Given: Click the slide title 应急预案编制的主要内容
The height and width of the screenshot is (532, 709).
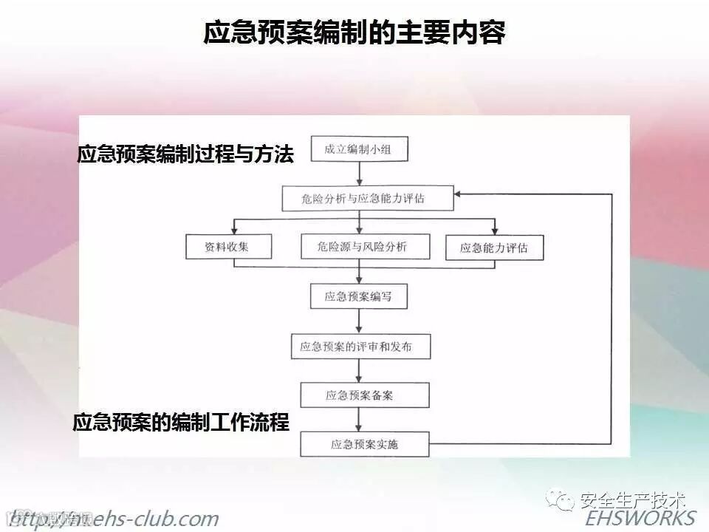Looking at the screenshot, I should pos(354,33).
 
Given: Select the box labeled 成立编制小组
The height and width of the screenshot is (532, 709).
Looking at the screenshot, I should pos(358,150).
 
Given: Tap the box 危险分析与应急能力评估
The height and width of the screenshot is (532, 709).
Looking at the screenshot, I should pos(358,198).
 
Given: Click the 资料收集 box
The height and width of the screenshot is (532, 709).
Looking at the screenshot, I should pos(228,247).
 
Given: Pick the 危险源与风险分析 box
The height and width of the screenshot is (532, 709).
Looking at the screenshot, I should pos(364,247).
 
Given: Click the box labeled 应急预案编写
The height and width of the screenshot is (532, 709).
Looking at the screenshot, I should pos(358,296).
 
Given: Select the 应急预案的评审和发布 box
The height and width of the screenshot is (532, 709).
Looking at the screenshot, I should pos(360,346).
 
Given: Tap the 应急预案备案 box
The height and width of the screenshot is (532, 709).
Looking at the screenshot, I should pos(364,395).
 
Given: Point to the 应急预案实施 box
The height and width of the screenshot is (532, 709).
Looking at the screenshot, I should pos(364,444).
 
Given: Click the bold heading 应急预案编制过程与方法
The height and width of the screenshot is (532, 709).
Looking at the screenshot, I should pos(185,154).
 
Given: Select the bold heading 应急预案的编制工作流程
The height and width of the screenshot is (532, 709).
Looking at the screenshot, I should pos(181,422).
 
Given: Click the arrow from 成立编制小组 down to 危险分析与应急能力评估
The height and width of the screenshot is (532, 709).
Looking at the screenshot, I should pos(359,174).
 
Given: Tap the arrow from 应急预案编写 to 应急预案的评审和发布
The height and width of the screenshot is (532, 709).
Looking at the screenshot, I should pos(359,321).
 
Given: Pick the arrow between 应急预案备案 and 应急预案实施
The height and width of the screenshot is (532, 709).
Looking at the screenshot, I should pos(359,420).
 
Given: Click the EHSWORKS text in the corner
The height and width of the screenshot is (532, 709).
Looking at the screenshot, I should pos(641,517).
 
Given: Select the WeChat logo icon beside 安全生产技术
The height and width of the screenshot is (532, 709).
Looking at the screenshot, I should pos(565,501).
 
